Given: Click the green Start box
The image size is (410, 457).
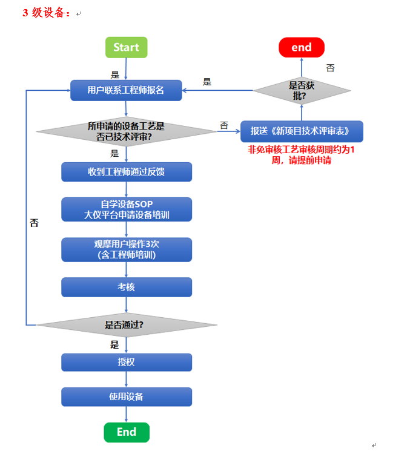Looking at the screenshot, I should click(x=126, y=47).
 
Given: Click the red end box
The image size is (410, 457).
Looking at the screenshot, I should click(x=301, y=47).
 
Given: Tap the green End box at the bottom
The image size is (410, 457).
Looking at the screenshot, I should click(x=126, y=432).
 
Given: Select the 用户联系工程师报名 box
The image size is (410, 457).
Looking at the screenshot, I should click(x=126, y=91).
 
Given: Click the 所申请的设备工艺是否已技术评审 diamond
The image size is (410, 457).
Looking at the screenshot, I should click(x=126, y=131).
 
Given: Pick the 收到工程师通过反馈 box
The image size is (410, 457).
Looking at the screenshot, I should click(x=126, y=172).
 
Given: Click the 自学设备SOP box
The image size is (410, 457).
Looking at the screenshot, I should click(x=126, y=209).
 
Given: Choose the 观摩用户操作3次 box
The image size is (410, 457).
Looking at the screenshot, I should click(x=126, y=249).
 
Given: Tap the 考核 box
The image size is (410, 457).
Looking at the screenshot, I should click(x=126, y=287).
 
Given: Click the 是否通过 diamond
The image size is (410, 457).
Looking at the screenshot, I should click(x=126, y=324).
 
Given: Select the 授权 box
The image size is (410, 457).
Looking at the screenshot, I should click(x=126, y=362).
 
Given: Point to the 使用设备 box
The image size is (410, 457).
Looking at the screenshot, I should click(x=126, y=396).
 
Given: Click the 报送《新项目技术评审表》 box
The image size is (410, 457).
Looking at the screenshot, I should click(x=302, y=131).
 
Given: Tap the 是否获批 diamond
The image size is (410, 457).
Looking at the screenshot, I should click(x=302, y=91).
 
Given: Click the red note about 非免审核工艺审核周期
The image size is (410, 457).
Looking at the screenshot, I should click(x=301, y=155).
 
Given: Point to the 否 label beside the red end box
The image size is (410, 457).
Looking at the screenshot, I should click(x=330, y=68).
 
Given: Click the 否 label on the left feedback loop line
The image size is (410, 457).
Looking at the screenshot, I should click(x=35, y=223).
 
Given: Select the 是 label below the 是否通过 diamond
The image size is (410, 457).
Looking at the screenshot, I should click(x=114, y=344).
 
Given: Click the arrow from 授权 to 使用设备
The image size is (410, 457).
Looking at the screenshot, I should click(x=126, y=379).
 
